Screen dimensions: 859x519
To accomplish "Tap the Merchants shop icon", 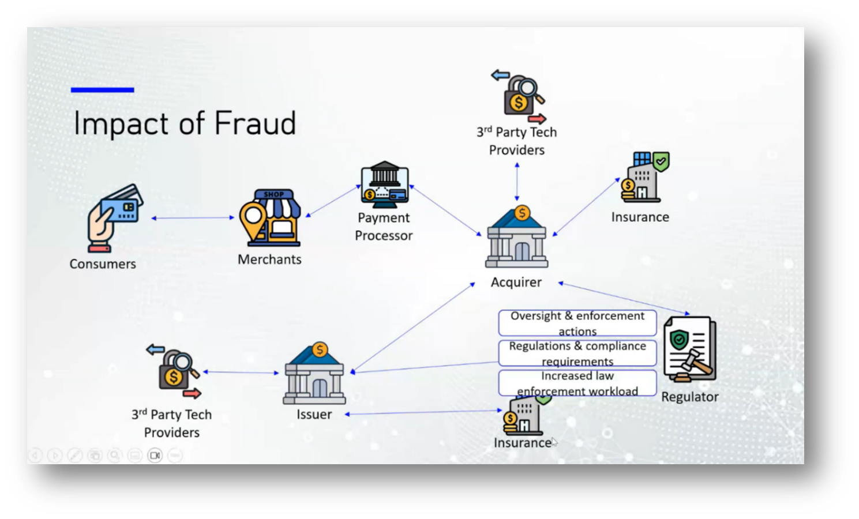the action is [x=270, y=218].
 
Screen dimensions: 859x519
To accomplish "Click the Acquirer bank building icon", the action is [x=516, y=238].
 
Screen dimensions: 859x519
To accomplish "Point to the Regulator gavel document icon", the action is [x=690, y=349].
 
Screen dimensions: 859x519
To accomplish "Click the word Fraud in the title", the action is [x=255, y=123].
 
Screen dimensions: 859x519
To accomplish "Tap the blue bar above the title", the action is [x=102, y=90].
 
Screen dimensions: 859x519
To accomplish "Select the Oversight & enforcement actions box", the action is [x=577, y=323].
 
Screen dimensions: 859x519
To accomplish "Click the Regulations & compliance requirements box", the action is [x=577, y=353].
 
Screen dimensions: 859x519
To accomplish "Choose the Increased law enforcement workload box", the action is [x=577, y=383].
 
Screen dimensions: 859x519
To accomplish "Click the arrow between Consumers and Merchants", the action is [x=193, y=218].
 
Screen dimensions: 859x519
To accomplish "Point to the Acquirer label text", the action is [x=516, y=283].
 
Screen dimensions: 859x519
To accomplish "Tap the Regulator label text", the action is [x=689, y=397].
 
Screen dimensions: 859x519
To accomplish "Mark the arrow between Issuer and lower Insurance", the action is [x=424, y=412].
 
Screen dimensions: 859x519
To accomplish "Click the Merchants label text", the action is [x=269, y=259].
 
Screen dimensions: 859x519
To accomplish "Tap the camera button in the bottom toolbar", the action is [x=155, y=456].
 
